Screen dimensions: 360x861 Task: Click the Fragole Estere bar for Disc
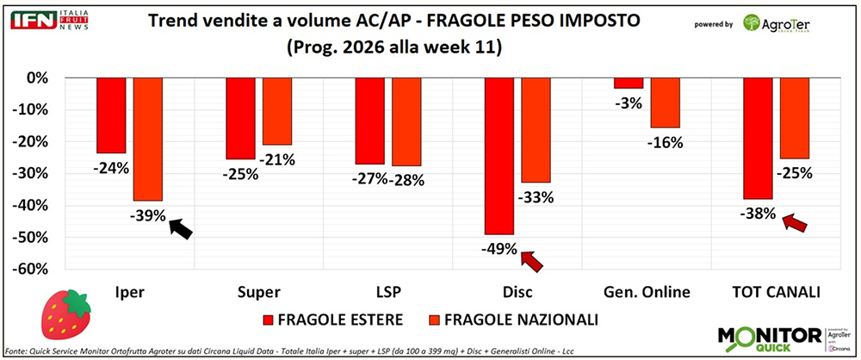pyautogui.click(x=500, y=155)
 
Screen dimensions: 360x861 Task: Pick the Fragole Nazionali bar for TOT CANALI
pyautogui.click(x=794, y=118)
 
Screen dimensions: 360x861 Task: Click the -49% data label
pyautogui.click(x=499, y=250)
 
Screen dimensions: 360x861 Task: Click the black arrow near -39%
pyautogui.click(x=181, y=229)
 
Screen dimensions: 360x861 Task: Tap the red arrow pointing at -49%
pyautogui.click(x=532, y=258)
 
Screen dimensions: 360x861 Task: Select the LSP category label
pyautogui.click(x=370, y=292)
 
